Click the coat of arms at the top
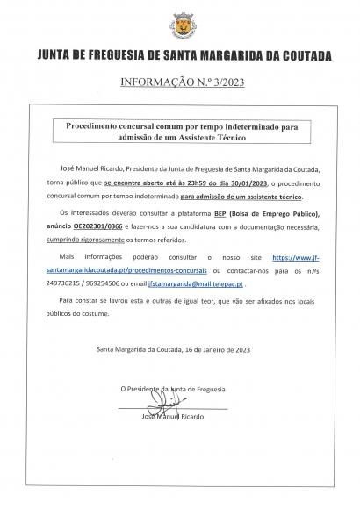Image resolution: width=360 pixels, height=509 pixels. tap(180, 25)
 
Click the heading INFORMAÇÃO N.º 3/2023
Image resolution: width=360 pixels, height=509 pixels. tap(179, 85)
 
